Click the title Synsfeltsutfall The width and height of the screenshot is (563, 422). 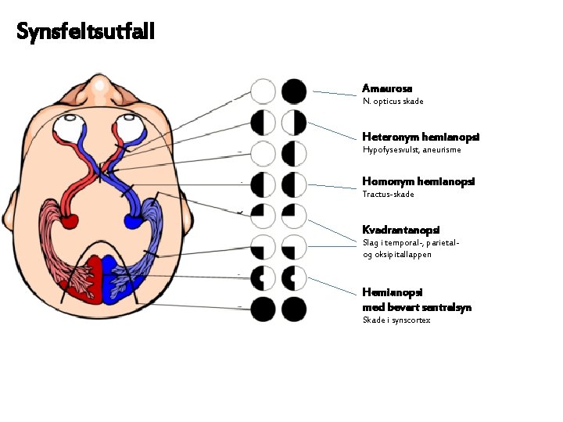tap(86, 32)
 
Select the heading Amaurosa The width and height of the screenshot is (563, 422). tap(387, 89)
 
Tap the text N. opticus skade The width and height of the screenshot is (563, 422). tap(393, 102)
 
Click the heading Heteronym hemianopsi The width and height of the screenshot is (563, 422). tap(421, 137)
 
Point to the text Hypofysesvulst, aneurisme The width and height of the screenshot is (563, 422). tap(412, 150)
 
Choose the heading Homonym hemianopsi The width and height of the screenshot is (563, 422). tap(418, 181)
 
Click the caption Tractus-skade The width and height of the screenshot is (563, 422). tap(388, 194)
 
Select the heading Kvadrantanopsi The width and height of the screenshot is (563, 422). tap(400, 230)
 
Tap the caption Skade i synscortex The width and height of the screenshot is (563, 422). tap(396, 320)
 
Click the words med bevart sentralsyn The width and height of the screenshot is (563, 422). tap(417, 307)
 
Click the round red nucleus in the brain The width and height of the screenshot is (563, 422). tap(69, 221)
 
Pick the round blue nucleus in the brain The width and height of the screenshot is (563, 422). tap(134, 222)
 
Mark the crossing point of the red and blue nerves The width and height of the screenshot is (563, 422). tap(101, 171)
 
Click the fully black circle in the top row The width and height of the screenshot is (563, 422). tap(294, 92)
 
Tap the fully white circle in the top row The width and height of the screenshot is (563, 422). tap(263, 92)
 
